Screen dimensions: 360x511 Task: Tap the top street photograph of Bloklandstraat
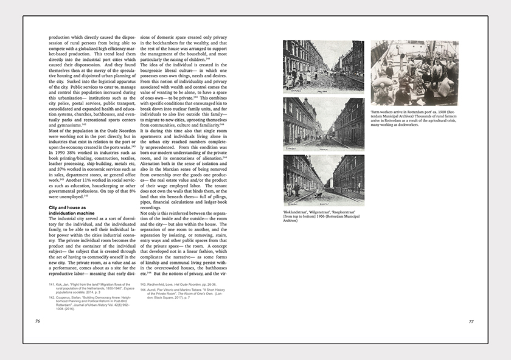point(323,67)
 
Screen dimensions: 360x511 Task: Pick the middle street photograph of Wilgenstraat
point(323,124)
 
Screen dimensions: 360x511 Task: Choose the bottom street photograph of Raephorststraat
point(323,181)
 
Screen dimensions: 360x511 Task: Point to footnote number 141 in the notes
point(52,284)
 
